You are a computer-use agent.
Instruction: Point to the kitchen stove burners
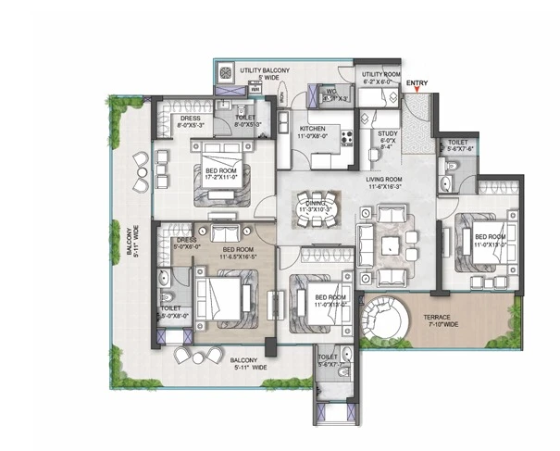348,138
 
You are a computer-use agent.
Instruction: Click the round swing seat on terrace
381,319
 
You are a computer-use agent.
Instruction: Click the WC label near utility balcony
331,93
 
